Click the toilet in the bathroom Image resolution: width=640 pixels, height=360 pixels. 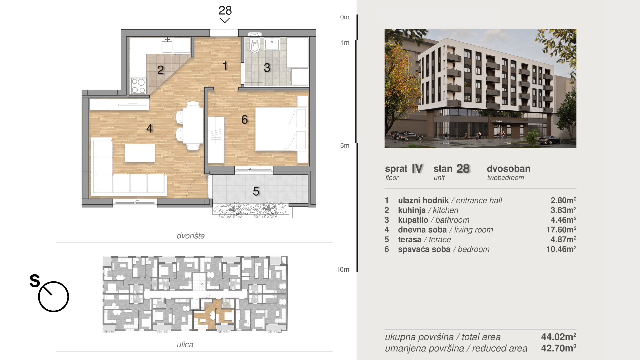[255, 45]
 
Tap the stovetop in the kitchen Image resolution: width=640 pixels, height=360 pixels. [138, 86]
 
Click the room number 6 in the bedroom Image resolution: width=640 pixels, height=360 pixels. [245, 119]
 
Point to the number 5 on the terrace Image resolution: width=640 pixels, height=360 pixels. [256, 191]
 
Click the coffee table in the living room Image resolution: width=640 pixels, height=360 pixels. [140, 153]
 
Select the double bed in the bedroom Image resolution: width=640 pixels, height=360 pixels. [276, 129]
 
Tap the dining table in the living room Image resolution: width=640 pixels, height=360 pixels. [193, 126]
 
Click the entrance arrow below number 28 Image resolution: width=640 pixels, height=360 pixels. [225, 21]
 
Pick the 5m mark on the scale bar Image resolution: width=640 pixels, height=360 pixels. [345, 146]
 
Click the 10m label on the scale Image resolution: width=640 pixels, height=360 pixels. [343, 269]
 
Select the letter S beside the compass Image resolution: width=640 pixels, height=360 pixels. [35, 281]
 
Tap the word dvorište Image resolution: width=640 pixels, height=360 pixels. [191, 236]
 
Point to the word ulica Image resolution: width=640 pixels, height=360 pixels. [185, 344]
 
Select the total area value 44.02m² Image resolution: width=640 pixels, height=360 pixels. [559, 337]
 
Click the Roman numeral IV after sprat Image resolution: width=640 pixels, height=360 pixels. [417, 169]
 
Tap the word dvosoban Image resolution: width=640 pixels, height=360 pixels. [509, 169]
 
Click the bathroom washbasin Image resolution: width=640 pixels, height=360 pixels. [272, 44]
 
